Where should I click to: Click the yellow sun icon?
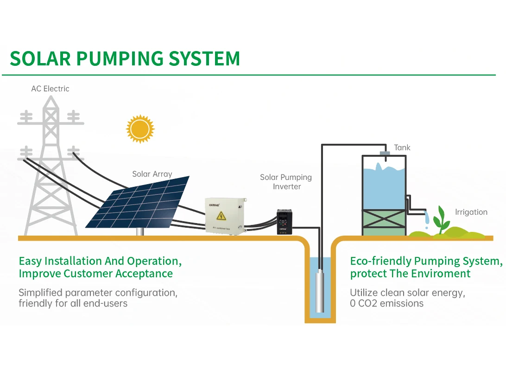[139, 129]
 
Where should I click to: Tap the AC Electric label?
[50, 89]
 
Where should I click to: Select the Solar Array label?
[152, 174]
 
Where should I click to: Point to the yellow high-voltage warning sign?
[221, 216]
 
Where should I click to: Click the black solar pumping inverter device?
[284, 221]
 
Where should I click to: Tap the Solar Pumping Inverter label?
[285, 182]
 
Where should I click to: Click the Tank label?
[402, 147]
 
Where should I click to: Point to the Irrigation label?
[471, 212]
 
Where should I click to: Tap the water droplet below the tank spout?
[427, 227]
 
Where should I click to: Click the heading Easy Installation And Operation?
[100, 261]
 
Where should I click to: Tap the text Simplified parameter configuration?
[98, 293]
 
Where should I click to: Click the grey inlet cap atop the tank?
[384, 153]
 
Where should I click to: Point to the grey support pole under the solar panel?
[139, 231]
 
